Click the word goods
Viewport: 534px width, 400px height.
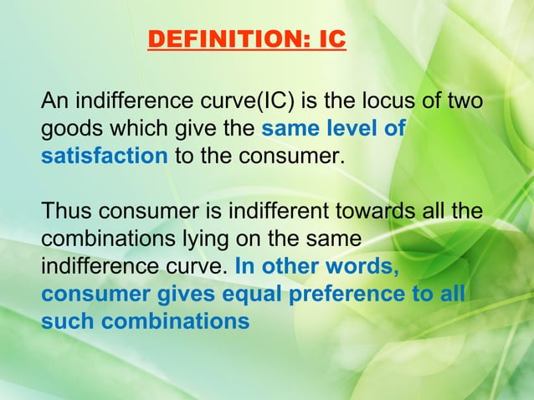tap(67, 131)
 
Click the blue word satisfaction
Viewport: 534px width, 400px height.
tap(105, 157)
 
